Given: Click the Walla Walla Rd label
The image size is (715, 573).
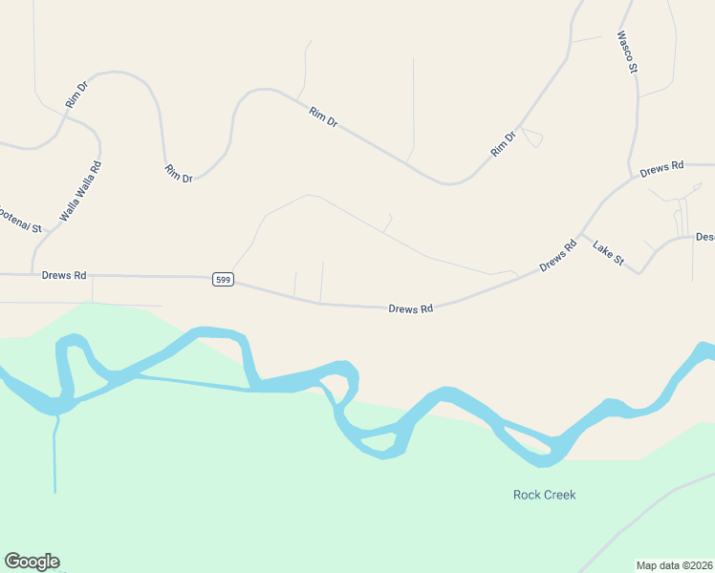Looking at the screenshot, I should tap(80, 192).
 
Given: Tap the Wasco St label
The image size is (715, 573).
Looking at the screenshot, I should tap(626, 52).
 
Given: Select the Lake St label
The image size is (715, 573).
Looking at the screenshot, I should tap(608, 253).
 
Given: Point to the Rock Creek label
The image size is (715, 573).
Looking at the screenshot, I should tap(545, 495).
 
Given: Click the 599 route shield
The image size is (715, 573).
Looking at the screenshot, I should tap(223, 279).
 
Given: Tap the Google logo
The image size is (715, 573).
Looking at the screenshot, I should tap(32, 562).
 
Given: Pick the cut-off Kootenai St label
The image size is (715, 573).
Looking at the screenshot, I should tap(21, 219).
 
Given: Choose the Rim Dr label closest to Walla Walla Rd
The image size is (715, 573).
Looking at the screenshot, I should tap(76, 94).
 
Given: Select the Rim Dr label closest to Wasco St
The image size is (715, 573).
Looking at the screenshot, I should tap(503, 144).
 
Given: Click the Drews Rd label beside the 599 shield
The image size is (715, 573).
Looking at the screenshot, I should tap(64, 275).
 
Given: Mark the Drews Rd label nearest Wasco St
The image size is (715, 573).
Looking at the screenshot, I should tap(662, 167).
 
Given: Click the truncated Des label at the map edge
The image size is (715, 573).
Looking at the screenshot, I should tap(705, 237).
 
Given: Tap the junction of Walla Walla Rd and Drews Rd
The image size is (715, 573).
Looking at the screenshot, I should tap(32, 274).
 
